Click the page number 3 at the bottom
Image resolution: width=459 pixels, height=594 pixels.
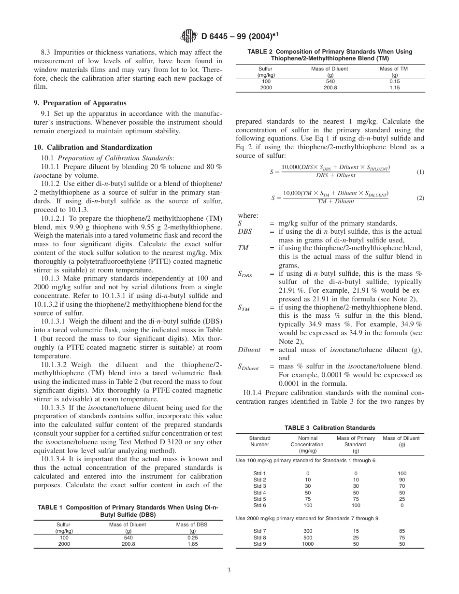coord(229,570)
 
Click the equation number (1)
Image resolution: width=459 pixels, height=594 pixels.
coord(420,172)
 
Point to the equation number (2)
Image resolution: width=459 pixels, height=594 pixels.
coord(420,198)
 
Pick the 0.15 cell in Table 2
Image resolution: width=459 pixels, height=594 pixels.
coord(394,82)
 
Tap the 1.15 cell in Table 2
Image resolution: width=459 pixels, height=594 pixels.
coord(394,88)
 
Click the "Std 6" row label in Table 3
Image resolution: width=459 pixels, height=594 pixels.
coord(260,505)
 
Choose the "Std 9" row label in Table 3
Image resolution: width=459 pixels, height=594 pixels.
coord(260,544)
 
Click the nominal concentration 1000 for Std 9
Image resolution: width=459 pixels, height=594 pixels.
coord(307,544)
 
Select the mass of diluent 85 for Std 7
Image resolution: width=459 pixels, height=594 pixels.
coord(402,531)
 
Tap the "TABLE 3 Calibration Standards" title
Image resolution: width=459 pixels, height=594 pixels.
coord(330,428)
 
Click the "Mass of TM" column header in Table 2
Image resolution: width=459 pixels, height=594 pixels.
coord(394,69)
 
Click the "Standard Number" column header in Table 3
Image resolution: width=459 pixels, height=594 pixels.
coord(260,441)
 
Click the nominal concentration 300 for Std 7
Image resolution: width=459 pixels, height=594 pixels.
coord(307,531)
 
